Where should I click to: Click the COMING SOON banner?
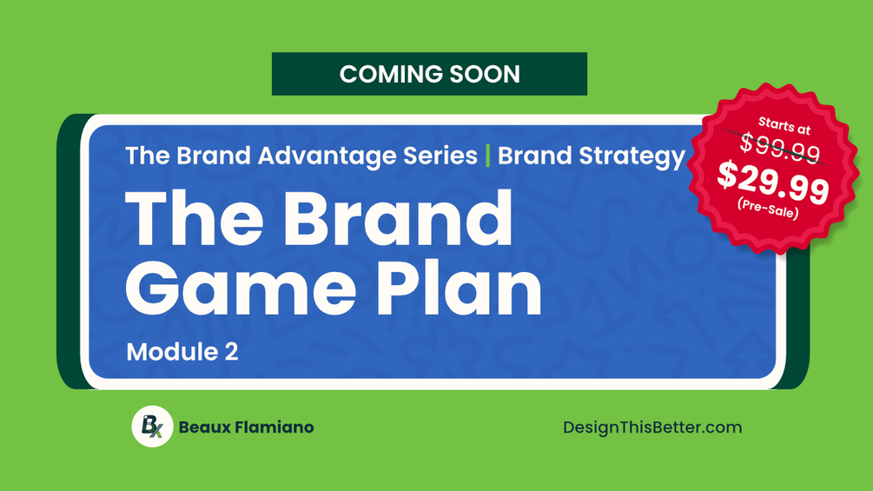click(429, 74)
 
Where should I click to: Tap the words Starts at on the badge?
click(784, 126)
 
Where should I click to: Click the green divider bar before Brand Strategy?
click(487, 156)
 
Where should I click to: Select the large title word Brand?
click(399, 217)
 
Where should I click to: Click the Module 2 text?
click(182, 352)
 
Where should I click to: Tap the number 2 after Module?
click(232, 352)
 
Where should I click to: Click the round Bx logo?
click(152, 427)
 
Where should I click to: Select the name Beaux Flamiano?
click(246, 428)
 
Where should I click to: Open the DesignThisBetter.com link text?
click(652, 428)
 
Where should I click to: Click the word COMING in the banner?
click(391, 74)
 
